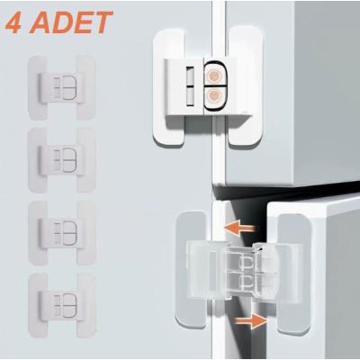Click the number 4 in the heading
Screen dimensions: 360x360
pos(16,22)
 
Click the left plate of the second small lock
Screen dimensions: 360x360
pos(38,157)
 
